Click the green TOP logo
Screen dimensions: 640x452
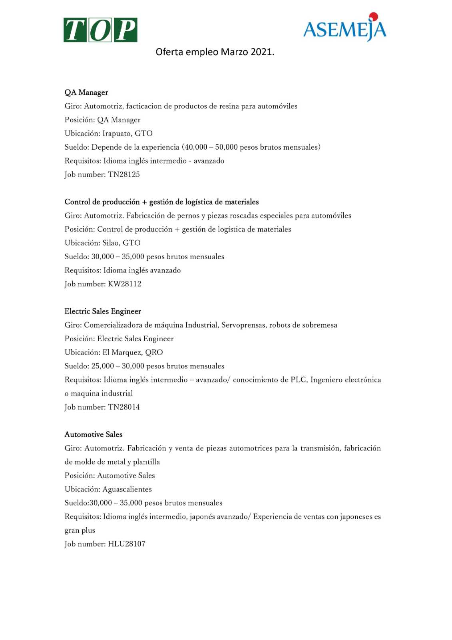(100, 30)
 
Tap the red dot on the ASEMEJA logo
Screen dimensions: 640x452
(373, 17)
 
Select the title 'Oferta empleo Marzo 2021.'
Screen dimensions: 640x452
(215, 52)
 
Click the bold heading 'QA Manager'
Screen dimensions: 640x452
(86, 92)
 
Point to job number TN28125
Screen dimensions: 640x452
(124, 174)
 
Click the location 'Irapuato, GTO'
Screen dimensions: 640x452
(127, 134)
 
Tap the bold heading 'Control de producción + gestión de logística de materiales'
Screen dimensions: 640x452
(161, 202)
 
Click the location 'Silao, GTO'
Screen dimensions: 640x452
(121, 243)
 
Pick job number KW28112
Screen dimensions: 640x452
(125, 284)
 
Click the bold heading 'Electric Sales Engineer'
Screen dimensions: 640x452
(103, 311)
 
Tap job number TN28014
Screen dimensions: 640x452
(124, 407)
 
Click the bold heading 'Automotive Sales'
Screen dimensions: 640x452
(94, 434)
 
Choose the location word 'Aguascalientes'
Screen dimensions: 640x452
(127, 489)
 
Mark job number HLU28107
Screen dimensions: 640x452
(127, 544)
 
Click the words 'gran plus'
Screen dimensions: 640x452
(80, 530)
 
